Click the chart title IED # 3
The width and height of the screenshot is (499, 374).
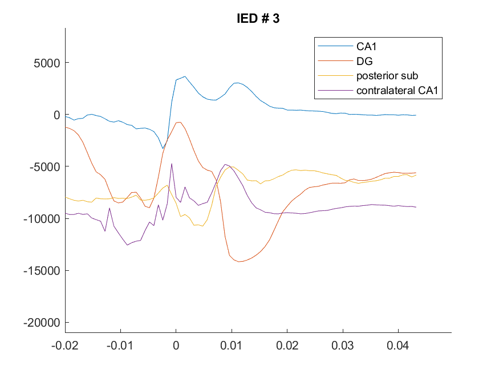pos(258,18)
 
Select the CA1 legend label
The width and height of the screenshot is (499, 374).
pos(366,46)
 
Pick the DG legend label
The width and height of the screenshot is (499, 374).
pos(364,61)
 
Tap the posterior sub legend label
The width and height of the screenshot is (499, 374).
pos(387,76)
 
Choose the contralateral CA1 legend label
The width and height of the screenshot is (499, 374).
pos(397,90)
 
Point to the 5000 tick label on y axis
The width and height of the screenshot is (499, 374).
pos(47,63)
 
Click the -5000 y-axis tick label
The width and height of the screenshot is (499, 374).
pos(44,166)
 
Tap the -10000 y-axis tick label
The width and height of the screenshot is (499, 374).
pos(42,219)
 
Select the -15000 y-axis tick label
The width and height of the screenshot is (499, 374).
pos(42,271)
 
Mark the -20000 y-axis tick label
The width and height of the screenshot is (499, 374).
pos(42,323)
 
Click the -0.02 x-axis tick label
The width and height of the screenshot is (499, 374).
pos(65,345)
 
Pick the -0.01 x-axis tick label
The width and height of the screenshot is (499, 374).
pos(120,345)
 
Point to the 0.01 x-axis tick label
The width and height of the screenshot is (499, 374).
pos(232,345)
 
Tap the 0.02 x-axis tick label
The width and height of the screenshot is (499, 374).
pos(287,345)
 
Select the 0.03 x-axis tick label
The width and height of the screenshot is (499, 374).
pos(342,345)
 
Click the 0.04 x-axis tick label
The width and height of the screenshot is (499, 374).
pos(398,345)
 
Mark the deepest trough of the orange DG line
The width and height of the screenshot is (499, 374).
pos(239,262)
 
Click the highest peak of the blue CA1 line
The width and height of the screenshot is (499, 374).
pos(185,76)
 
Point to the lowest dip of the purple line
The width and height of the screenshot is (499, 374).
pos(127,245)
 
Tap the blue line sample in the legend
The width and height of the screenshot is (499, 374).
pos(335,46)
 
